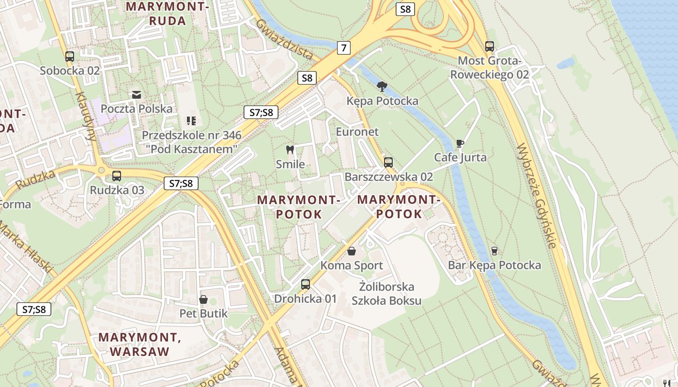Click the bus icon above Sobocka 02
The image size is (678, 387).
point(70,57)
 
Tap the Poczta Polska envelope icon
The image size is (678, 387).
point(136,94)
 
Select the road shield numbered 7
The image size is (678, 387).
point(343,47)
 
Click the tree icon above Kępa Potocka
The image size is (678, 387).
point(382,87)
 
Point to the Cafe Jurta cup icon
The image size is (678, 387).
point(460,144)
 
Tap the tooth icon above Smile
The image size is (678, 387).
point(291,150)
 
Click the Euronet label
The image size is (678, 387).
point(357,132)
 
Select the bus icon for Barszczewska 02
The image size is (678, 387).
point(388,163)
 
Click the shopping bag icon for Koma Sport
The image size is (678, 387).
point(352,251)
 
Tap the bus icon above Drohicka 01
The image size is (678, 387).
point(305,284)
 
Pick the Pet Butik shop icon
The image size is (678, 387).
point(203,299)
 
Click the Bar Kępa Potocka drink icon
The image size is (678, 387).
point(494,251)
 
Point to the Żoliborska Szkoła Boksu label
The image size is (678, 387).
point(386,293)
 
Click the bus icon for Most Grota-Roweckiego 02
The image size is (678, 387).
point(490,46)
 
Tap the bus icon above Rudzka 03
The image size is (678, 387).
point(117,176)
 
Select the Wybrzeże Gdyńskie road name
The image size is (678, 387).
point(537,196)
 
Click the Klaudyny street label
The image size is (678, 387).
point(85,116)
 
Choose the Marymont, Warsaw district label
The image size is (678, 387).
point(139,344)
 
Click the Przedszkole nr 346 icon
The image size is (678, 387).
point(191,120)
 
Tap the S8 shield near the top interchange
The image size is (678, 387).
point(405,9)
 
